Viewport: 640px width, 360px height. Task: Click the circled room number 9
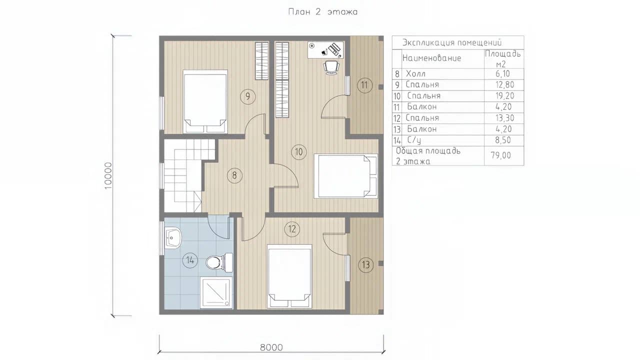click(x=247, y=96)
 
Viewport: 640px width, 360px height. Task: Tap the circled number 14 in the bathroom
click(x=190, y=260)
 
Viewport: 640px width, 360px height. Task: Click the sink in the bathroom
click(x=173, y=237)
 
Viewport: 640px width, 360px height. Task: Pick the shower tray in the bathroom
click(x=216, y=292)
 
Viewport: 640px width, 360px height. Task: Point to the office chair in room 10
click(x=331, y=67)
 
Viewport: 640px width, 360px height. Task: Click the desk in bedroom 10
click(x=325, y=50)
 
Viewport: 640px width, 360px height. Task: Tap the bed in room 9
click(x=205, y=101)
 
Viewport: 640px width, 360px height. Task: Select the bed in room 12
click(x=289, y=276)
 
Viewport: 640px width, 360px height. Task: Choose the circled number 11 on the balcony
click(x=364, y=85)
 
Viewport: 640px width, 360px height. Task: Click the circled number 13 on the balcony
click(x=365, y=265)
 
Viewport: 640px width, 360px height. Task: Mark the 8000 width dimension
click(x=271, y=347)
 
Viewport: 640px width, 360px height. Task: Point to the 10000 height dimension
click(x=108, y=175)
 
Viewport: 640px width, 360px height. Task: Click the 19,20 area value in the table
click(x=504, y=95)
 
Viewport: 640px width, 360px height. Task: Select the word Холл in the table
click(x=415, y=73)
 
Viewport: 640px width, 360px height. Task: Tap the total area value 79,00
click(x=501, y=155)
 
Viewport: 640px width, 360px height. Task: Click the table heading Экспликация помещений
click(x=452, y=42)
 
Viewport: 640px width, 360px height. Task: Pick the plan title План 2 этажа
click(x=323, y=11)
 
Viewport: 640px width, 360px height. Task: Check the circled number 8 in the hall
click(x=234, y=175)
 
